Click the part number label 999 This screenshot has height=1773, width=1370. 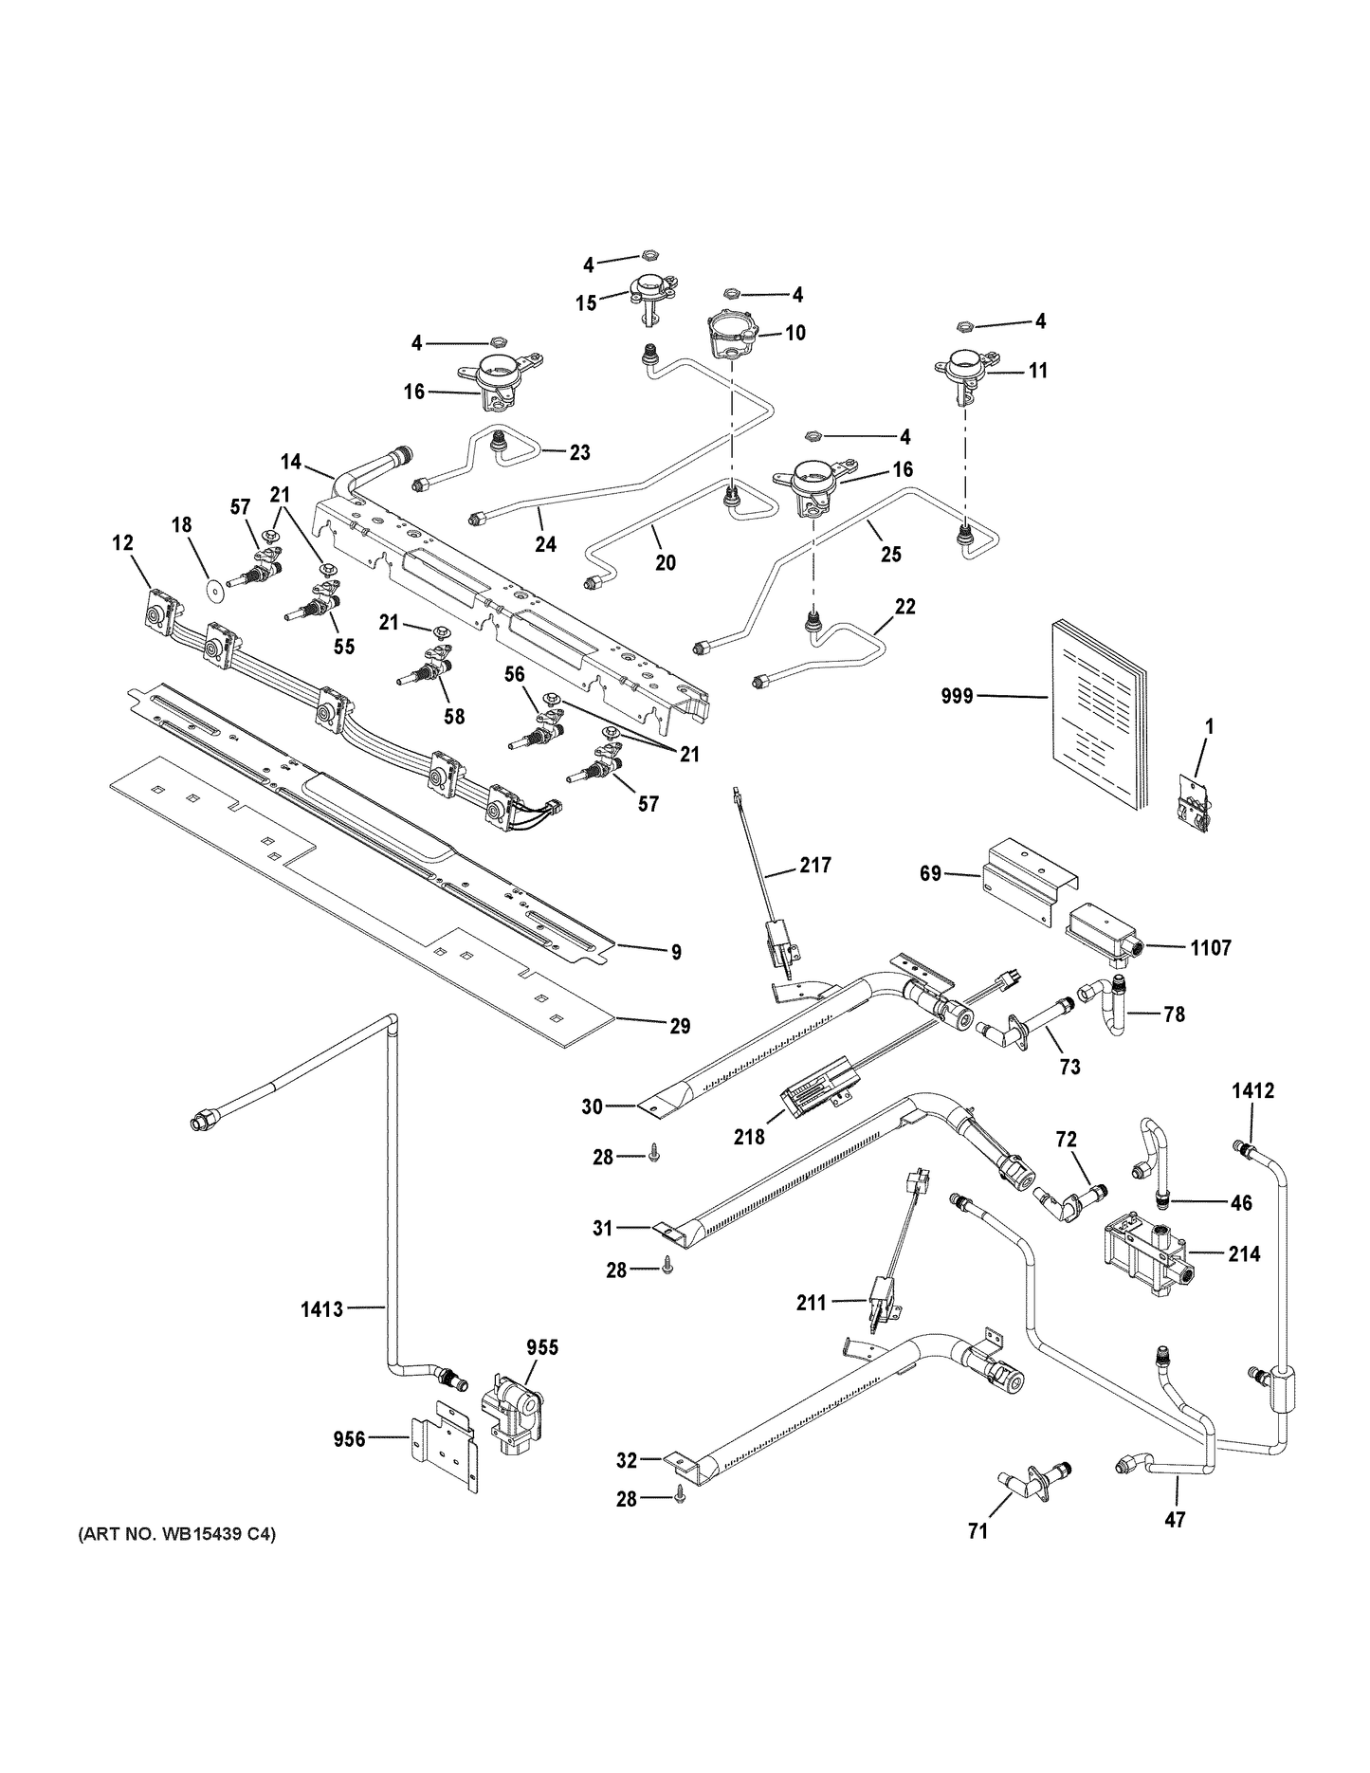[x=958, y=697]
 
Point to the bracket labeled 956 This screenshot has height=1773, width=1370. [x=444, y=1455]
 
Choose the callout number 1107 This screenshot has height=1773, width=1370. [x=1209, y=947]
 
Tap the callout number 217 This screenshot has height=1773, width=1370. [x=814, y=865]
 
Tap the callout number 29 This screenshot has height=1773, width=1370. [x=679, y=1025]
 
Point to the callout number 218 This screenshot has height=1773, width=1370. [x=749, y=1136]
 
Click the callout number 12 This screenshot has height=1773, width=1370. [x=122, y=543]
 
